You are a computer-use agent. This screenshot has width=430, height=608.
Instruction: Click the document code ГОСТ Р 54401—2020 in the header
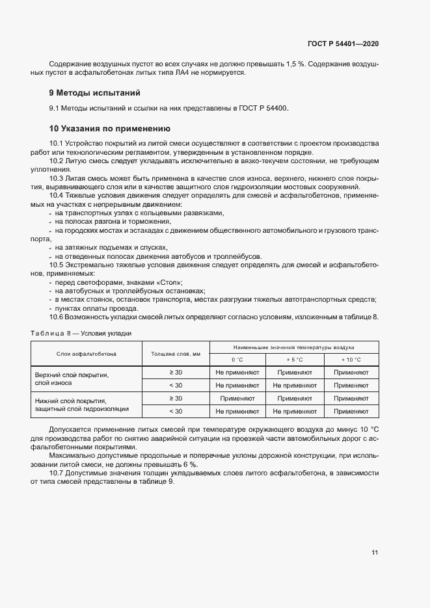coord(343,44)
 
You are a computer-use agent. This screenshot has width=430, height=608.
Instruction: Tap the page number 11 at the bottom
coord(375,553)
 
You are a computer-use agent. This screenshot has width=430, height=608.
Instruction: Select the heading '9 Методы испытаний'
coord(95,93)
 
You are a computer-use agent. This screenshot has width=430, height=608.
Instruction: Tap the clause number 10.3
coord(56,178)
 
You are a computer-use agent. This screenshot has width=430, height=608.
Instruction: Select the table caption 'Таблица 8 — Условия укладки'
coord(81,334)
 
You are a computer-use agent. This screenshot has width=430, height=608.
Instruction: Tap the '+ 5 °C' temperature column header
coord(295,360)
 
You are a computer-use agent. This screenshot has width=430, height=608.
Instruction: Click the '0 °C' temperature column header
coord(237,360)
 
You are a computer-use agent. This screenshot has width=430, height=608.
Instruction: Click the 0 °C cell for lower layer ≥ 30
coord(237,398)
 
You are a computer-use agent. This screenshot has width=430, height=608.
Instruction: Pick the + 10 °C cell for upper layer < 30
coord(351,385)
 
